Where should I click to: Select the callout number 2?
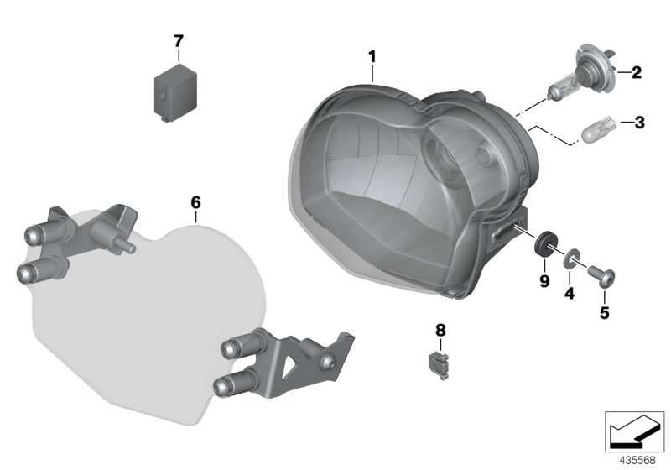pyautogui.click(x=636, y=73)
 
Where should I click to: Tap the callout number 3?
pyautogui.click(x=639, y=123)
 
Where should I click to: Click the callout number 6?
pyautogui.click(x=195, y=202)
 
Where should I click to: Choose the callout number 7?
pyautogui.click(x=178, y=40)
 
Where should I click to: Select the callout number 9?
pyautogui.click(x=544, y=281)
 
